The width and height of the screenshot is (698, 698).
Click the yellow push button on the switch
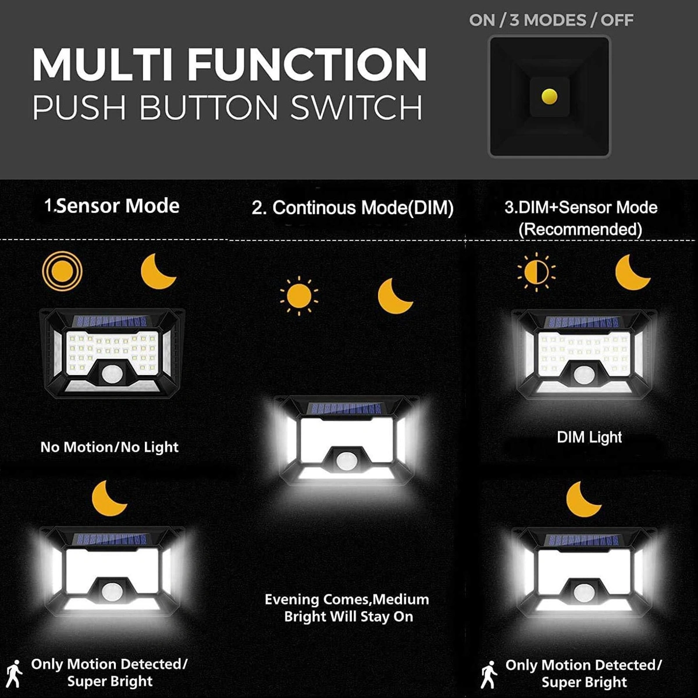[x=549, y=97]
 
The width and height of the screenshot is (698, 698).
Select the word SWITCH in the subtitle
[x=356, y=107]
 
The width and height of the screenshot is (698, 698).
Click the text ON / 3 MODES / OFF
[x=551, y=20]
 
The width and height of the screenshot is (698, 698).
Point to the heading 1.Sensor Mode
[x=112, y=206]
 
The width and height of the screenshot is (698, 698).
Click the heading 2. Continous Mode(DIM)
[x=352, y=208]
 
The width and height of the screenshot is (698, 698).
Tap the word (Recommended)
[x=581, y=229]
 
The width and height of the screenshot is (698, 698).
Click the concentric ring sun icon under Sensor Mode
[x=62, y=270]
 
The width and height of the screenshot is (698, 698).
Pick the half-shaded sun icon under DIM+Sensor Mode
[x=536, y=272]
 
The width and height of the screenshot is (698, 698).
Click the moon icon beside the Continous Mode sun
[x=394, y=296]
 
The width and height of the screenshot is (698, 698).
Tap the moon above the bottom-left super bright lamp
[x=108, y=498]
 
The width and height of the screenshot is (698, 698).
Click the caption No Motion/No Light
[x=109, y=447]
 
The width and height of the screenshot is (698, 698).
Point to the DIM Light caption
[x=589, y=437]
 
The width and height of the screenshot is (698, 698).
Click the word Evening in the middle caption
[x=291, y=600]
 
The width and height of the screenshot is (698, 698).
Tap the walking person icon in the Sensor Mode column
[x=14, y=674]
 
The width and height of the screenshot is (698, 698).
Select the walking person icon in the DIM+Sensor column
[x=489, y=675]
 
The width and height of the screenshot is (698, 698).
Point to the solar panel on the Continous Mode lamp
[x=344, y=408]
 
